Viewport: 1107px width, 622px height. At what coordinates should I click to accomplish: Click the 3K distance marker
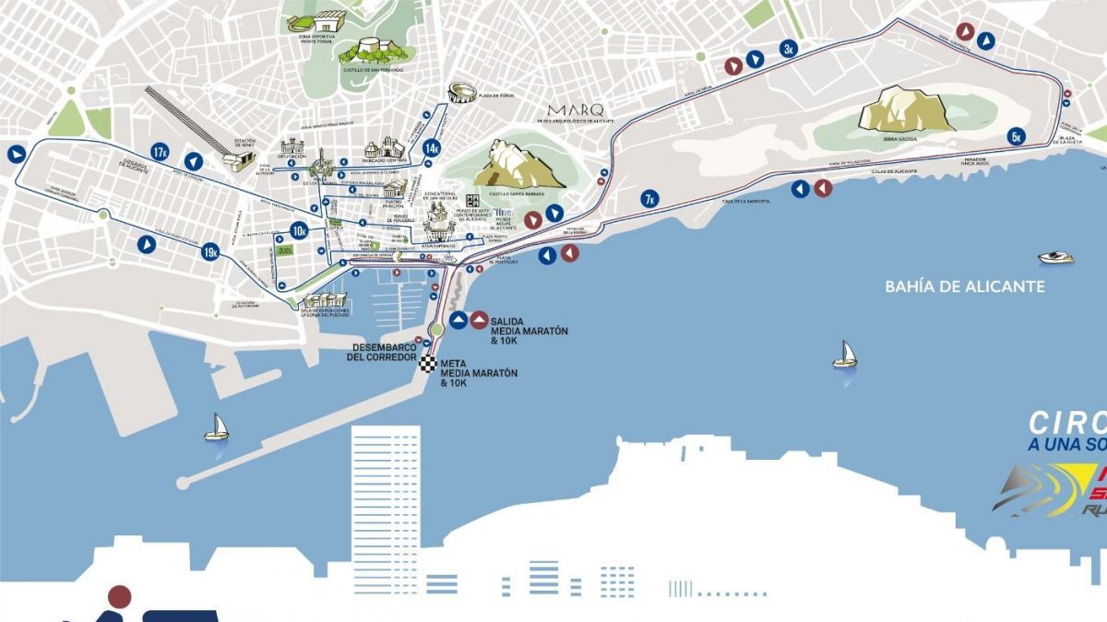click(x=788, y=50)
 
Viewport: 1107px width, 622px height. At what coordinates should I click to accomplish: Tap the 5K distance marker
click(x=1017, y=136)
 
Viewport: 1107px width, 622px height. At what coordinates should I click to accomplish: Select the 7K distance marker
click(x=649, y=198)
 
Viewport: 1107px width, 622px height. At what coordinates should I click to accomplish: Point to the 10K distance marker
click(x=299, y=230)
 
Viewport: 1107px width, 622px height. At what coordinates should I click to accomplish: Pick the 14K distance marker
click(x=431, y=147)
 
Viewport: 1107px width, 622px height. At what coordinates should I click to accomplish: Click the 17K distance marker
click(x=161, y=152)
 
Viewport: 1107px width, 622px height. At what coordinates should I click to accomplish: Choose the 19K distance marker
click(x=210, y=251)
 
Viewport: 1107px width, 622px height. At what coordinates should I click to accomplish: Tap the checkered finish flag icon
click(x=427, y=363)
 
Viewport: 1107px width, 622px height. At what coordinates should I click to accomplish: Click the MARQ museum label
click(x=577, y=109)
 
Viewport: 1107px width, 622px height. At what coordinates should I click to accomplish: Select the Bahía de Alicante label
click(x=964, y=287)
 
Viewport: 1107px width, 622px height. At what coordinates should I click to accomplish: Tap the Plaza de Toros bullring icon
click(x=461, y=93)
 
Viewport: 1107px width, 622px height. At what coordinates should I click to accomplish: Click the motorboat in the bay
click(x=1055, y=258)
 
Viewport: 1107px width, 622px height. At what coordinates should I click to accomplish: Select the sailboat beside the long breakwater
click(x=216, y=427)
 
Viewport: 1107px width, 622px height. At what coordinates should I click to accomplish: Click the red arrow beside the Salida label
click(x=479, y=320)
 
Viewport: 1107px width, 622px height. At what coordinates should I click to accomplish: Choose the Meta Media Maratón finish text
click(x=478, y=372)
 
